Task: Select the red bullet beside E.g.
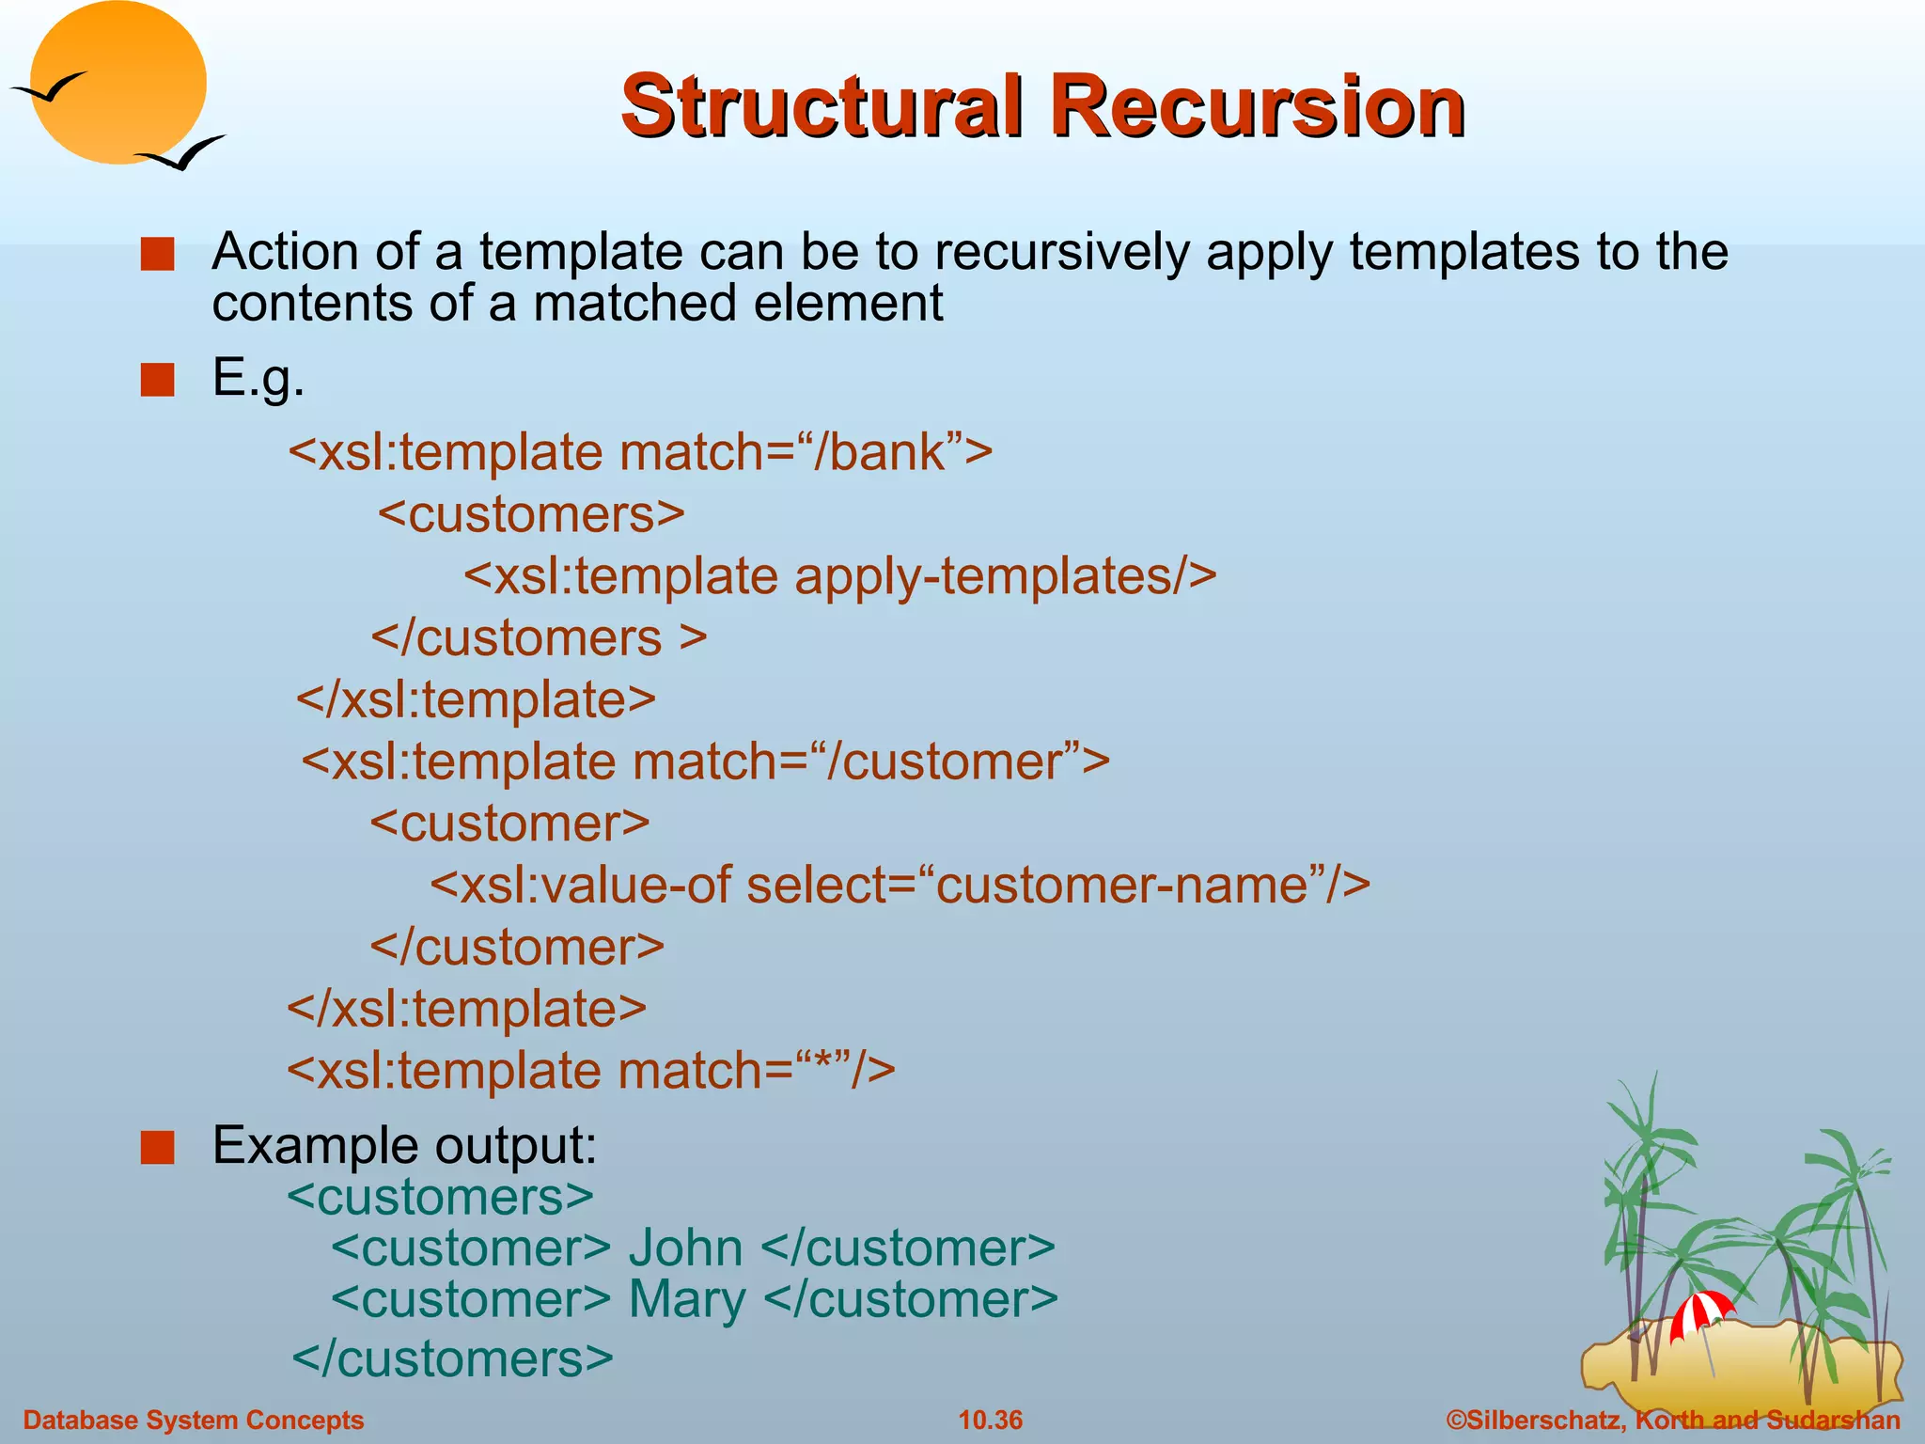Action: tap(157, 381)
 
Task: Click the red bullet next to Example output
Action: tap(157, 1148)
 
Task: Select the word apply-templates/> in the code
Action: tap(1005, 576)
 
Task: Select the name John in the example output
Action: tap(685, 1248)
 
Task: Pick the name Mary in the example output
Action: tap(687, 1300)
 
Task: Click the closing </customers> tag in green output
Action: tap(452, 1359)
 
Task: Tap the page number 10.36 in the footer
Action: tap(990, 1420)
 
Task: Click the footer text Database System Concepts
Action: tap(193, 1420)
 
